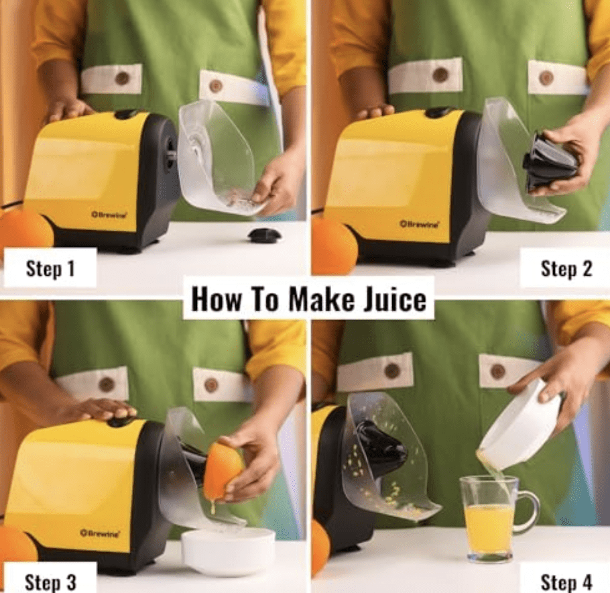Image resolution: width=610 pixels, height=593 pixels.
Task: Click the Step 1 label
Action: (50, 269)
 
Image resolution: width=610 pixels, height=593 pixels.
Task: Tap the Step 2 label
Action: (566, 269)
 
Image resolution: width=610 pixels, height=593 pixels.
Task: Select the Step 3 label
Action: (50, 581)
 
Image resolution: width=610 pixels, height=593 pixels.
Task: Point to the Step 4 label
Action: (566, 581)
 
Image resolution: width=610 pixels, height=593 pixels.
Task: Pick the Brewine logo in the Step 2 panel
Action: (419, 223)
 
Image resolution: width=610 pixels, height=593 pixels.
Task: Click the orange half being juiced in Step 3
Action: (223, 470)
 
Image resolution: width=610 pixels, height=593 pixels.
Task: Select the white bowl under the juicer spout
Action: (228, 549)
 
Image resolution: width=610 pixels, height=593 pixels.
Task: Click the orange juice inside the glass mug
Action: (489, 527)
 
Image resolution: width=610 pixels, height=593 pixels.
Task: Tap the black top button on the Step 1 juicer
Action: (126, 114)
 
